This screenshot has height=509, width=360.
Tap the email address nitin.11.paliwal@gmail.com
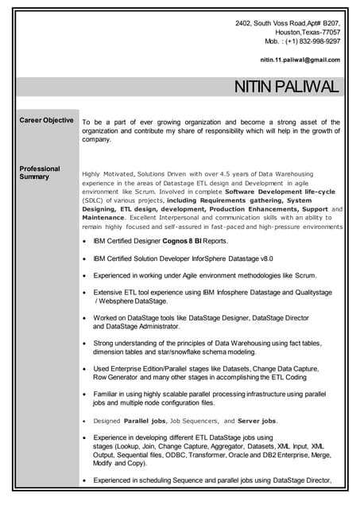tap(300, 60)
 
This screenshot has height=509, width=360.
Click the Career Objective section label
tap(46, 120)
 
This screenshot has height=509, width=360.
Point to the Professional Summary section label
tap(40, 173)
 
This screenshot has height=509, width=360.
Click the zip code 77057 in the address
tap(330, 32)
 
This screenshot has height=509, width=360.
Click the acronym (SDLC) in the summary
tap(94, 200)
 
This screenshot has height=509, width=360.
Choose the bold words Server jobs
tap(257, 420)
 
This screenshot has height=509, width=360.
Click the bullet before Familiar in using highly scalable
tap(85, 394)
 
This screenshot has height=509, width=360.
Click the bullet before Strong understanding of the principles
tap(85, 343)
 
